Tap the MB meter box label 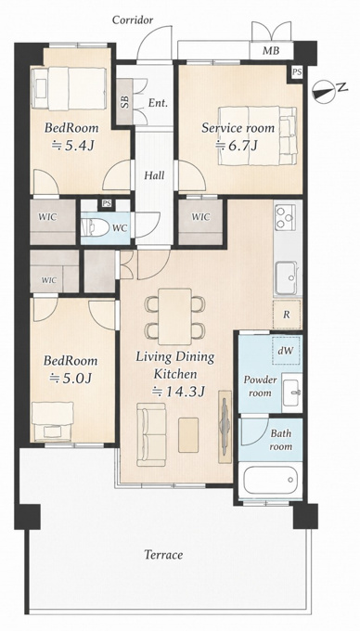click(x=271, y=51)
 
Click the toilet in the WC click(x=96, y=228)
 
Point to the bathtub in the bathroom click(x=270, y=480)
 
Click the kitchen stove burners click(x=285, y=217)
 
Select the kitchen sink click(x=286, y=277)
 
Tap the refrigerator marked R click(x=287, y=315)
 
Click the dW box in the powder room click(x=287, y=350)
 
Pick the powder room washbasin click(x=291, y=393)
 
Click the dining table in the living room click(x=174, y=316)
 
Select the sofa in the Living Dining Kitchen click(x=151, y=434)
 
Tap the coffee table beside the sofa click(x=188, y=434)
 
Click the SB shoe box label click(x=125, y=102)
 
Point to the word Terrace click(x=163, y=555)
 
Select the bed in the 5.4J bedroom click(x=69, y=88)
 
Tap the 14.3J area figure click(x=180, y=392)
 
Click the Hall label click(x=154, y=175)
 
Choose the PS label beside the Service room click(x=297, y=72)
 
